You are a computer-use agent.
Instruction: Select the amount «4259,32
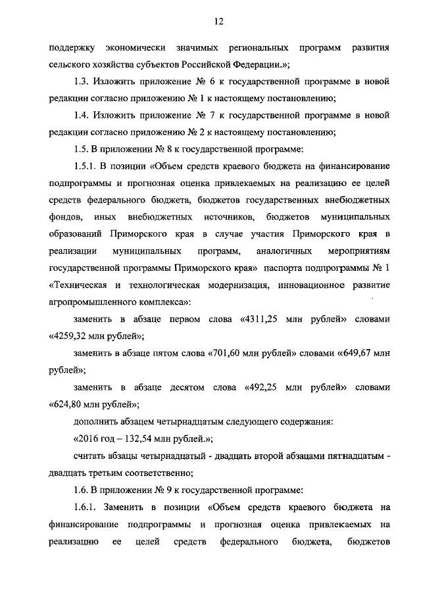tap(68, 335)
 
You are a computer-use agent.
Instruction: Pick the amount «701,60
tap(225, 352)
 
